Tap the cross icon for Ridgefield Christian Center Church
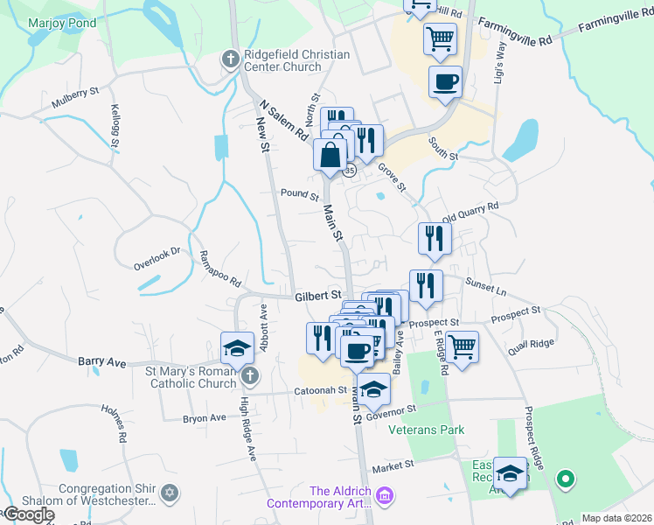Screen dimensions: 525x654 tap(230, 60)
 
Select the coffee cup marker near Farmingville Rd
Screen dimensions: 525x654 tap(445, 82)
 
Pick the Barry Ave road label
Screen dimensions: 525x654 tap(102, 360)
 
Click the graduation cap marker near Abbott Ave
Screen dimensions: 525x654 tap(236, 348)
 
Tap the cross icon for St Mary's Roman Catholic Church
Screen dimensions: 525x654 tap(251, 377)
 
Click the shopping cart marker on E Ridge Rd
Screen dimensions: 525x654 tap(462, 346)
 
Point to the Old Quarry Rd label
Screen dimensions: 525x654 tap(470, 211)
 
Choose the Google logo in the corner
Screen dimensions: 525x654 tap(29, 514)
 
